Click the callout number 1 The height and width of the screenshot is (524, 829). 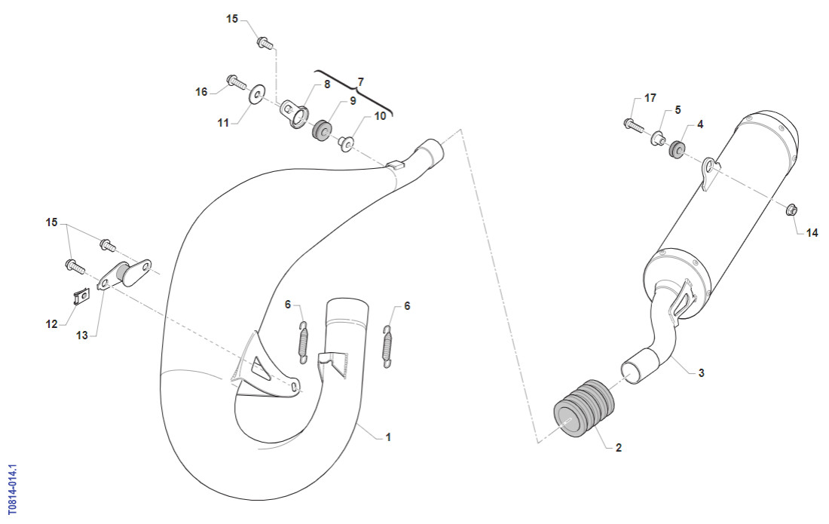click(388, 437)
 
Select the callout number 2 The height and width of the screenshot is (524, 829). click(619, 447)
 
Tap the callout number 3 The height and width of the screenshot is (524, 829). click(701, 372)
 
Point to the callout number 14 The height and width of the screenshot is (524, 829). click(812, 233)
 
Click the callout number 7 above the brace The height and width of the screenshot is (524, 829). click(360, 82)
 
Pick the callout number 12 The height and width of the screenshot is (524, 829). click(51, 323)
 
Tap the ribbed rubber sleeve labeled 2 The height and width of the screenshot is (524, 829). click(584, 408)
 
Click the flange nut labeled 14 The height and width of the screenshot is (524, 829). click(791, 210)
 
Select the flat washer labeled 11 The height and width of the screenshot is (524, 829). click(256, 95)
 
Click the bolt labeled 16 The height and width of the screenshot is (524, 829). click(237, 82)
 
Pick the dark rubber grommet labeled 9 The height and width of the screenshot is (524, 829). click(322, 131)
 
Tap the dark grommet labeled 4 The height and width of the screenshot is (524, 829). click(678, 149)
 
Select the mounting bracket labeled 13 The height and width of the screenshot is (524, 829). click(124, 274)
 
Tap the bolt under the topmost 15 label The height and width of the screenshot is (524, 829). click(265, 43)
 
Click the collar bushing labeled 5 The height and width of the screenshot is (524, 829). click(658, 139)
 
